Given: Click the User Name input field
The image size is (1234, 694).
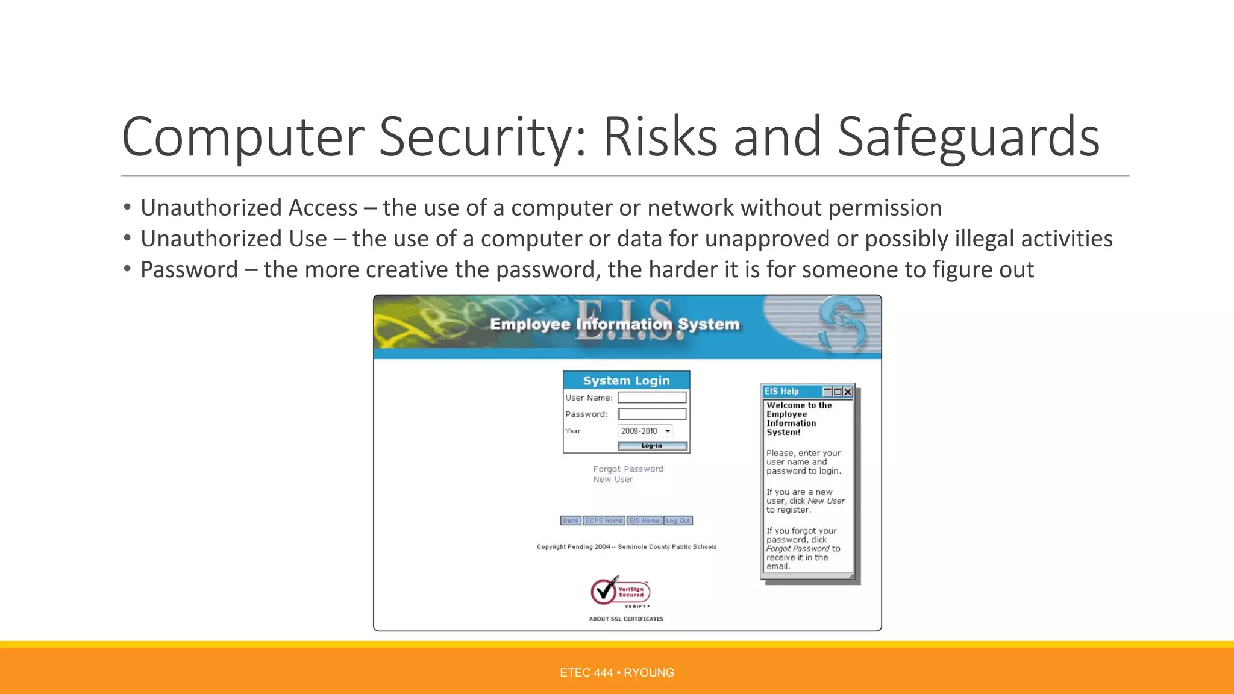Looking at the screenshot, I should (x=652, y=398).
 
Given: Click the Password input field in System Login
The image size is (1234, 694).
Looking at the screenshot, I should (x=652, y=414).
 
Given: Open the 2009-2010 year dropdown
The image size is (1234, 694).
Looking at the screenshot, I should (x=645, y=431).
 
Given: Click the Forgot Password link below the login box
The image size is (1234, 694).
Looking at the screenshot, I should (x=628, y=469).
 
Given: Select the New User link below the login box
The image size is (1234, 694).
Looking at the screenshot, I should (x=613, y=480).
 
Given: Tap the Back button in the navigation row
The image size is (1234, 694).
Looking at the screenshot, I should (x=571, y=520).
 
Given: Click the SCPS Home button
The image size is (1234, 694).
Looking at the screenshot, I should (x=604, y=520).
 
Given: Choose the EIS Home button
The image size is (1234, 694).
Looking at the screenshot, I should (x=644, y=520).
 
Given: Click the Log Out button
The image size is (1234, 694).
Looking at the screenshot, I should (x=678, y=520).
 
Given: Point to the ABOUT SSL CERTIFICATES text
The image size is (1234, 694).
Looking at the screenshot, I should (x=626, y=619).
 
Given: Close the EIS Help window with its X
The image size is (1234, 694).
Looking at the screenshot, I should (x=848, y=392).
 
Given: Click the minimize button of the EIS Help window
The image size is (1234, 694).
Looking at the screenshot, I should (x=827, y=392).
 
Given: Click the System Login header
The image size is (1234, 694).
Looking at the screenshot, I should (x=626, y=380).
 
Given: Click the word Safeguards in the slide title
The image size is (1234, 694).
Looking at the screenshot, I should (x=968, y=137).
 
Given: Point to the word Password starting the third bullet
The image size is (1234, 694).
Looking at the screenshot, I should (x=189, y=269).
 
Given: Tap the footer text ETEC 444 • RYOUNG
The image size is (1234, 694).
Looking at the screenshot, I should (x=616, y=672).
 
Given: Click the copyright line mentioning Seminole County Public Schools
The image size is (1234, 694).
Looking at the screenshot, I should (x=627, y=547).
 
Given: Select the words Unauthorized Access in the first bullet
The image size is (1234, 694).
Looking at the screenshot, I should (x=249, y=208).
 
